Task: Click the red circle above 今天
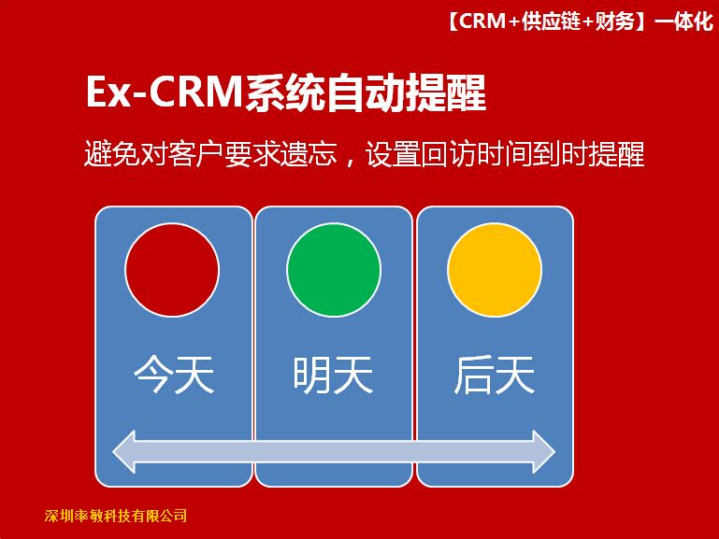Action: (x=172, y=270)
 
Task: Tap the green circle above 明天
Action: (x=334, y=270)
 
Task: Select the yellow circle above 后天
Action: (x=495, y=270)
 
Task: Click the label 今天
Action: (x=174, y=375)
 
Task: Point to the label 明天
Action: (x=334, y=375)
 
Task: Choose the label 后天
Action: (x=495, y=375)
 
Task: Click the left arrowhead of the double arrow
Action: (x=124, y=451)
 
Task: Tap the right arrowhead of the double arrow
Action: (x=544, y=451)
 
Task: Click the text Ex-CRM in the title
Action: (x=164, y=92)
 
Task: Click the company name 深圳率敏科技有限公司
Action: (x=116, y=516)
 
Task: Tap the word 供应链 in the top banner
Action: (x=552, y=21)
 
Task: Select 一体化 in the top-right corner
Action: (x=684, y=21)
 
